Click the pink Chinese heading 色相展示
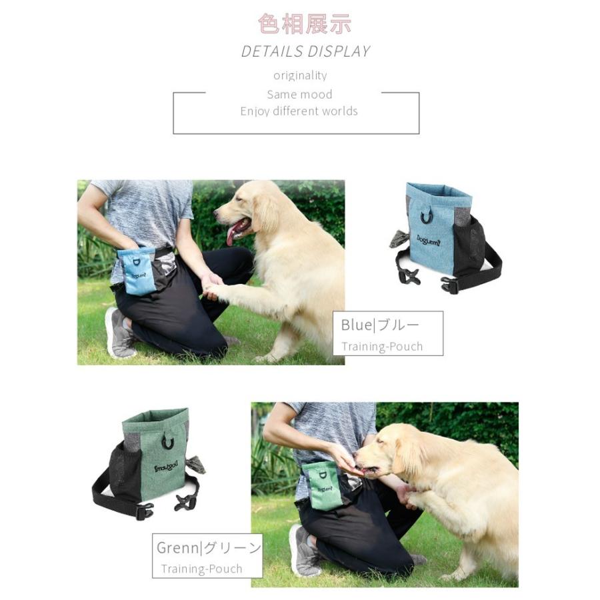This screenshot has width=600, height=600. click(x=305, y=24)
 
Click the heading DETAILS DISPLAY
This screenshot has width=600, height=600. click(x=305, y=51)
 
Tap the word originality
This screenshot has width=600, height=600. click(x=300, y=75)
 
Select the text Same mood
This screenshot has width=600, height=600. click(x=299, y=95)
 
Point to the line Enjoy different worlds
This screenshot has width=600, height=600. click(x=299, y=111)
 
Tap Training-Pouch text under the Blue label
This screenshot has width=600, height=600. click(x=382, y=347)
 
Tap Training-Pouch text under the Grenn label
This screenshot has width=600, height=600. click(x=201, y=569)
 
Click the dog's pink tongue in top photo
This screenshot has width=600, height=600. click(x=235, y=233)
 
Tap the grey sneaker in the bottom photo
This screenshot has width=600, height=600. click(x=304, y=551)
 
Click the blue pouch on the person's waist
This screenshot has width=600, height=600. click(x=139, y=271)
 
